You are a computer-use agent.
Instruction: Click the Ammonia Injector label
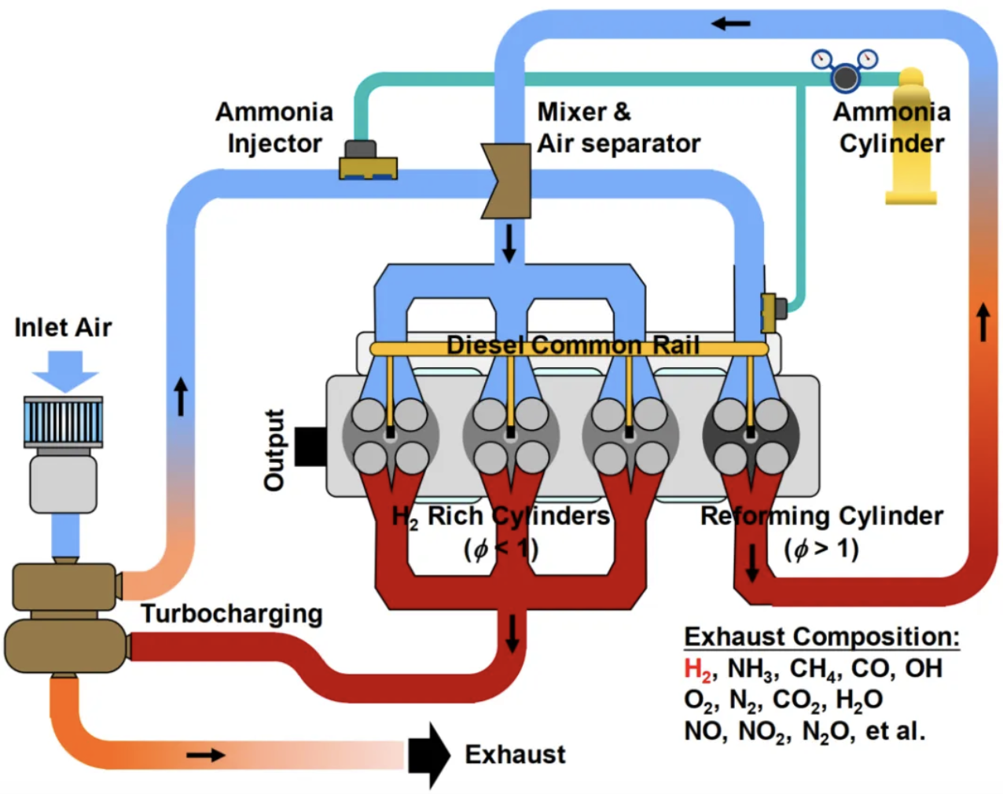pos(274,127)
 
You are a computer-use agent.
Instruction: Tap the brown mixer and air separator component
pos(507,180)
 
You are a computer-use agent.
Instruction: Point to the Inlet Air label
pos(63,327)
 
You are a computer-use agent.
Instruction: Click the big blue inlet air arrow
pos(65,370)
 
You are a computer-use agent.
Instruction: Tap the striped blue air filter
pos(64,421)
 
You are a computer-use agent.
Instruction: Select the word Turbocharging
pos(232,613)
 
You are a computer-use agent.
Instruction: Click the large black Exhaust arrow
pos(429,755)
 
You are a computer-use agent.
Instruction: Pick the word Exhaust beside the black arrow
pos(515,755)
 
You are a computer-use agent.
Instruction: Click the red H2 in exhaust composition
pos(697,669)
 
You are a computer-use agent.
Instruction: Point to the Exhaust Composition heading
pos(821,636)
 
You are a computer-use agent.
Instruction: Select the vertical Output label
pos(274,450)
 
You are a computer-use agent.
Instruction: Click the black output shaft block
pos(311,446)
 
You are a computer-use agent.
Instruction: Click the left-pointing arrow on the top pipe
pos(731,24)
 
